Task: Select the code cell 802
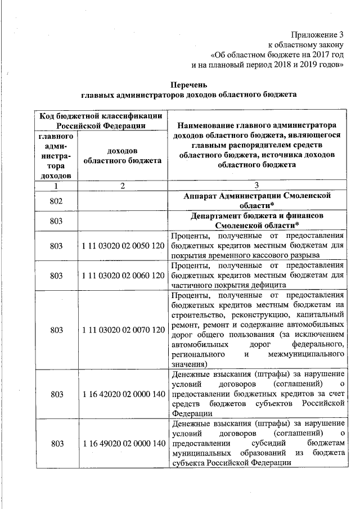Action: tap(56, 201)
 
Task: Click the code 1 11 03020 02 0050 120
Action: tap(122, 246)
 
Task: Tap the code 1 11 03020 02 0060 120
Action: tap(122, 276)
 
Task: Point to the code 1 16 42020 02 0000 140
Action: tap(122, 394)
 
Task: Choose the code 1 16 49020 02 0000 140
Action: tap(122, 444)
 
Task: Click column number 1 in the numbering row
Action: tap(56, 185)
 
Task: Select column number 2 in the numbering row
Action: tap(122, 185)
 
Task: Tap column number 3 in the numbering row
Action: tap(256, 185)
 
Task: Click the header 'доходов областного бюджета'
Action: tap(122, 156)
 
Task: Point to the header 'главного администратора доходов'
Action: tap(56, 156)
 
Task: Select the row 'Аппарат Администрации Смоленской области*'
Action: tap(256, 201)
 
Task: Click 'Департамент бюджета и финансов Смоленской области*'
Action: tap(256, 221)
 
